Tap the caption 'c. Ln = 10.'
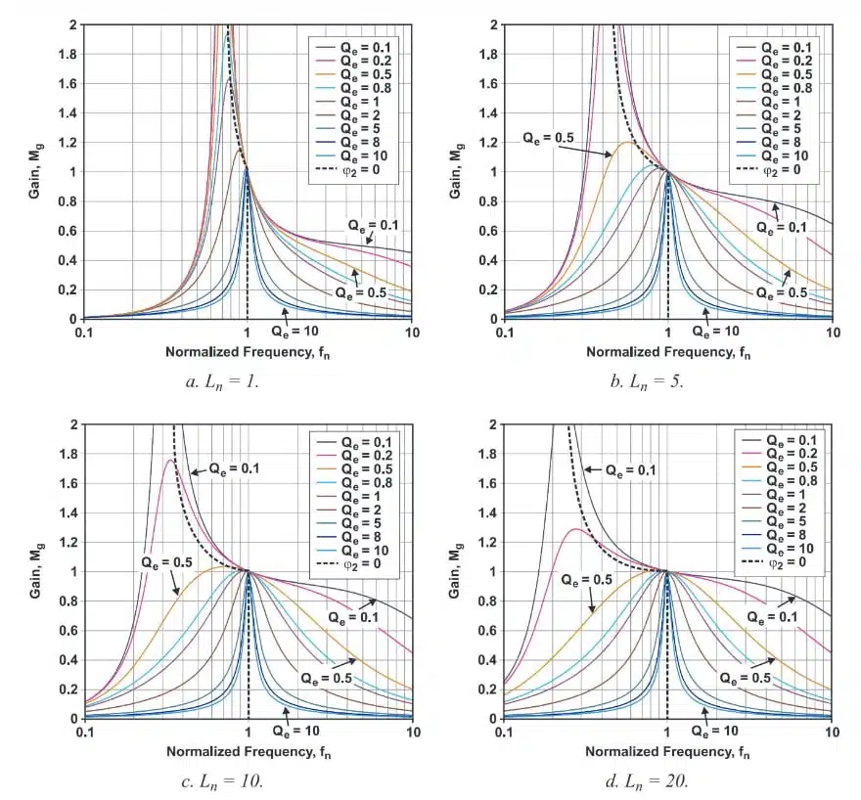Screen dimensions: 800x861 tap(222, 781)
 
